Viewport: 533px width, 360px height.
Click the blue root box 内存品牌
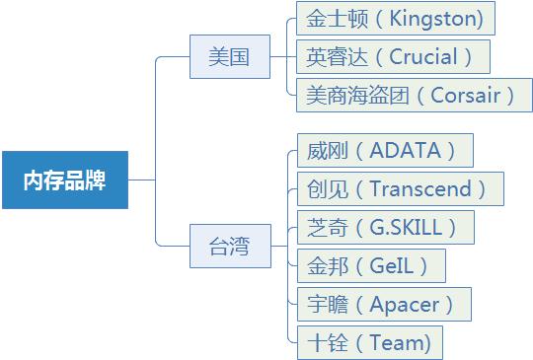click(x=64, y=180)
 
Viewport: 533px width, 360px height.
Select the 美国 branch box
click(x=230, y=57)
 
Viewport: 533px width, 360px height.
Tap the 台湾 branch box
click(x=230, y=247)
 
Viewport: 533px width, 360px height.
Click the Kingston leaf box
click(x=395, y=18)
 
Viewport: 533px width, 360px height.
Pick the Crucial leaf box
click(x=393, y=56)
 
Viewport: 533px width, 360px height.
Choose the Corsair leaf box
click(x=414, y=95)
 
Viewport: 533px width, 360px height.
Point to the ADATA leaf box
click(x=384, y=150)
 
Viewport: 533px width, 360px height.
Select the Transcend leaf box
click(x=399, y=188)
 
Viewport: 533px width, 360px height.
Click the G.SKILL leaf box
click(x=384, y=227)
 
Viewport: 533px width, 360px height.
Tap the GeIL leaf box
click(x=370, y=265)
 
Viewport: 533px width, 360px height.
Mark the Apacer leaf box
click(x=383, y=304)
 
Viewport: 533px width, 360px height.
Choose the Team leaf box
click(x=369, y=342)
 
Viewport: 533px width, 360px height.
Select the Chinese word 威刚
click(x=322, y=150)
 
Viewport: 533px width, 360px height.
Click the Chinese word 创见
click(x=322, y=188)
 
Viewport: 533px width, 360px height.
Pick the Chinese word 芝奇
click(x=322, y=227)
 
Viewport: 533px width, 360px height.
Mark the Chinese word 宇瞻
click(x=322, y=304)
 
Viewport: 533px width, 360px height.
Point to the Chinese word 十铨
click(x=322, y=342)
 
